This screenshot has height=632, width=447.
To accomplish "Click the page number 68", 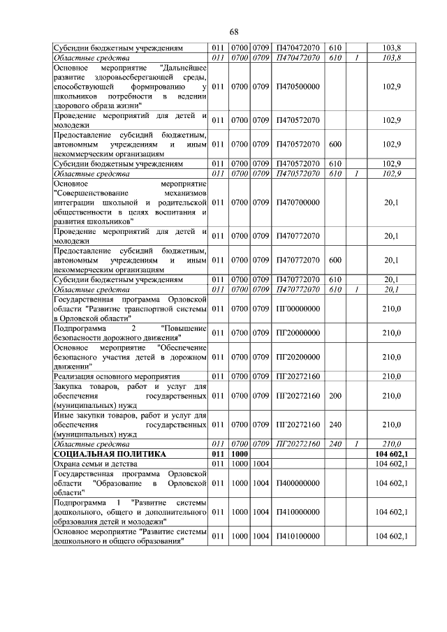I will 234,32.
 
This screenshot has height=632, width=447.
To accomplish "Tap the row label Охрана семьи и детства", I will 94,463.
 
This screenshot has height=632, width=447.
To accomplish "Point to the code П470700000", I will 298,203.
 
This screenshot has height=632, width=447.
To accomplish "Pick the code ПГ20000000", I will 298,333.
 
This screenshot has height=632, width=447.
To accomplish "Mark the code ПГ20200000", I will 298,357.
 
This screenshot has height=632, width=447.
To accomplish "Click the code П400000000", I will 298,483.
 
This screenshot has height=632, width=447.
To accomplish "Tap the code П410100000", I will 298,536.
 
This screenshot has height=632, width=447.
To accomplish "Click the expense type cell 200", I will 335,395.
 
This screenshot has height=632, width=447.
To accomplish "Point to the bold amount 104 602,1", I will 391,454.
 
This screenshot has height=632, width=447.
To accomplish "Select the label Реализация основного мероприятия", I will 113,376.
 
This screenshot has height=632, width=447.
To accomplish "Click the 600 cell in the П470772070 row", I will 335,260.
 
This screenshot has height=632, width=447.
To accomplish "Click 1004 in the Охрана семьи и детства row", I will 261,463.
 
